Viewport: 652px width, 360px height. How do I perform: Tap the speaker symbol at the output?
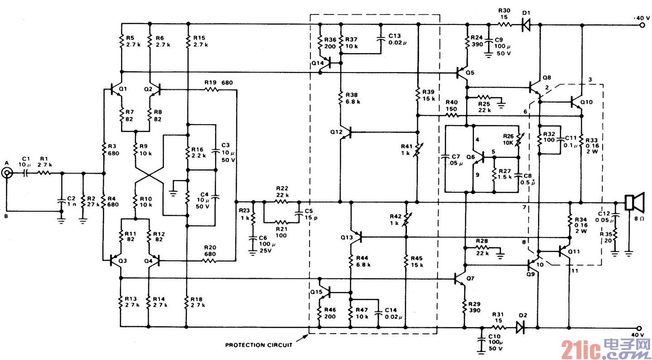click(x=633, y=202)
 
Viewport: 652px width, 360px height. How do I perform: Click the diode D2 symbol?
click(x=520, y=326)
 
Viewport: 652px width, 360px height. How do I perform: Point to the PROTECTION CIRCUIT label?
click(x=258, y=345)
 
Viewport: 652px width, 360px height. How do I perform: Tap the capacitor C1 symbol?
click(x=25, y=173)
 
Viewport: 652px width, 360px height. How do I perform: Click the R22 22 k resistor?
click(x=281, y=202)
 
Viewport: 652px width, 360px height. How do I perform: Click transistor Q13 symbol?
click(x=356, y=236)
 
